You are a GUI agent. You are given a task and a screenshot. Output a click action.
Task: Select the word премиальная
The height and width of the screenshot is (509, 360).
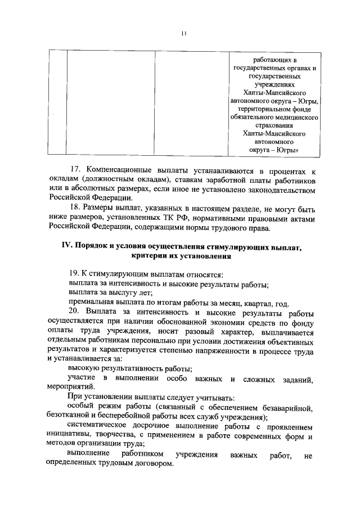click(x=87, y=302)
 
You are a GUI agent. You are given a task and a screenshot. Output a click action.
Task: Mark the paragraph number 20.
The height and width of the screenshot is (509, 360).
click(x=74, y=312)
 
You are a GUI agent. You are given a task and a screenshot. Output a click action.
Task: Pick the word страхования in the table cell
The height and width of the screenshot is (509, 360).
click(x=274, y=126)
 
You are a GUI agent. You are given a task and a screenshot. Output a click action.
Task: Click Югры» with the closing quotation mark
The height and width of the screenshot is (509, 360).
click(x=284, y=151)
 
